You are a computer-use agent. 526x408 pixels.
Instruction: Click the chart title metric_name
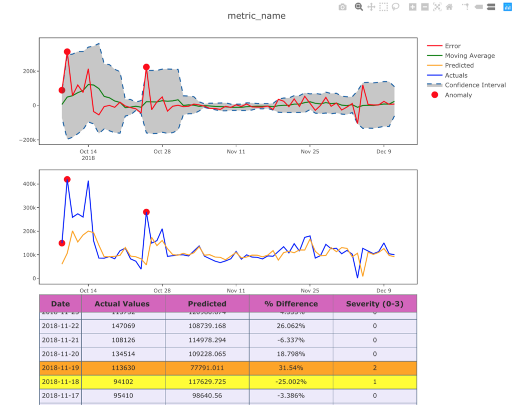click(x=256, y=16)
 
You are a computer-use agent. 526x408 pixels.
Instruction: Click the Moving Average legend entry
click(x=469, y=56)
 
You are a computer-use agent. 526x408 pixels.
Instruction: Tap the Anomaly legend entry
click(x=458, y=95)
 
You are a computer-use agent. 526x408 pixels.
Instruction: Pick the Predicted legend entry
click(x=459, y=66)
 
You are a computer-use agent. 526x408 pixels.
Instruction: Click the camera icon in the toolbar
click(x=343, y=7)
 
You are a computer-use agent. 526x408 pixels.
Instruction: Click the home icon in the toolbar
click(x=449, y=7)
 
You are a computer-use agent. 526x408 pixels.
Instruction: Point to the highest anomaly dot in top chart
click(x=67, y=52)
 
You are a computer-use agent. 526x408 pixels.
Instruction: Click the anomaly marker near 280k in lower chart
click(x=146, y=212)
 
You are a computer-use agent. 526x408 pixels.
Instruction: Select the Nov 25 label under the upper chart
click(x=310, y=151)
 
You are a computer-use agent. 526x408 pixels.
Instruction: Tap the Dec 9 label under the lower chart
click(x=383, y=290)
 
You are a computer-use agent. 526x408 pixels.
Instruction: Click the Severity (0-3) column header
click(x=374, y=304)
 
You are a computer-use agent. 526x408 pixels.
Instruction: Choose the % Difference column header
click(x=291, y=304)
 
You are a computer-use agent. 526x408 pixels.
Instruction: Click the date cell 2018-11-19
click(x=60, y=368)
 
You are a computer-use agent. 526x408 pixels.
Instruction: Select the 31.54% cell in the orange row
click(x=291, y=368)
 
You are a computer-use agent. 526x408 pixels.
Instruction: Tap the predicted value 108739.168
click(x=207, y=326)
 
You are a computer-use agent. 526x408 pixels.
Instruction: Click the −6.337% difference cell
click(x=291, y=340)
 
